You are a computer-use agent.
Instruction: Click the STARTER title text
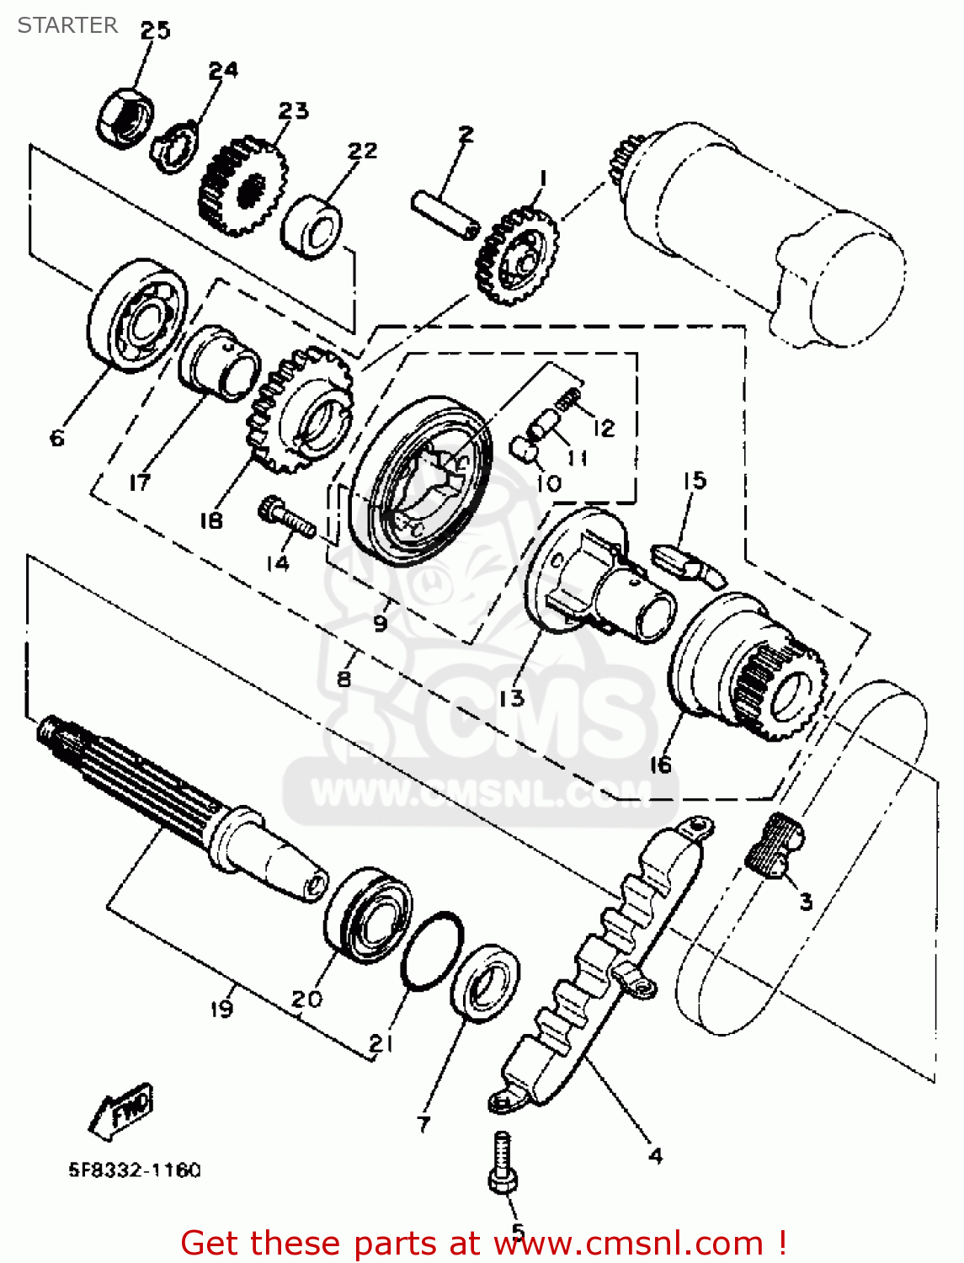(67, 25)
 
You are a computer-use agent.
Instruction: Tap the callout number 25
(155, 30)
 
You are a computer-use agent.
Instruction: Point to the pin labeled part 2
(445, 214)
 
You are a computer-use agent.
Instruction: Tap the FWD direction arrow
(123, 1111)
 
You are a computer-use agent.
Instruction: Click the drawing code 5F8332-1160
(135, 1170)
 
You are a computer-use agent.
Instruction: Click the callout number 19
(221, 1008)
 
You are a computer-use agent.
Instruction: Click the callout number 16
(661, 765)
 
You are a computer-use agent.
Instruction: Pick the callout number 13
(511, 698)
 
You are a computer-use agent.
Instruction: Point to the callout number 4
(656, 1155)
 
